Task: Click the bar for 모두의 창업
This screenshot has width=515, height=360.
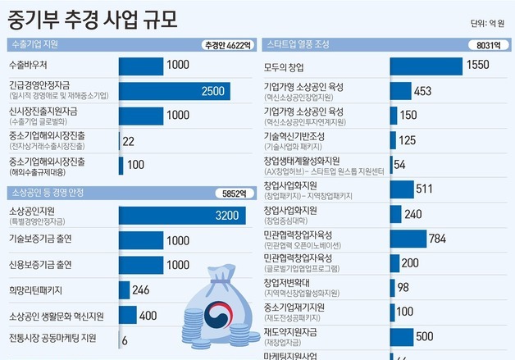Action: coord(426,66)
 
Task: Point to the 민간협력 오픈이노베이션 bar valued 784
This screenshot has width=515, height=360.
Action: coord(408,239)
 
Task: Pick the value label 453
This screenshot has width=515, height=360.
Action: coord(423,91)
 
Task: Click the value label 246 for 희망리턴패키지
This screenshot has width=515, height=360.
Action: coord(140,289)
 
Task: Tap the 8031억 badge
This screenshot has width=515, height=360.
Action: coord(483,45)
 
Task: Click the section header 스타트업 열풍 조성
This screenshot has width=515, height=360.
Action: coord(296,44)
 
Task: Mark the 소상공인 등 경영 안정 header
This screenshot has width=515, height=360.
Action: coord(44,194)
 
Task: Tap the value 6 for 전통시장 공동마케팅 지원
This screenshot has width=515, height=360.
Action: coord(125,339)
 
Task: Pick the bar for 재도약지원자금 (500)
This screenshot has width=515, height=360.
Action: coord(401,336)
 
